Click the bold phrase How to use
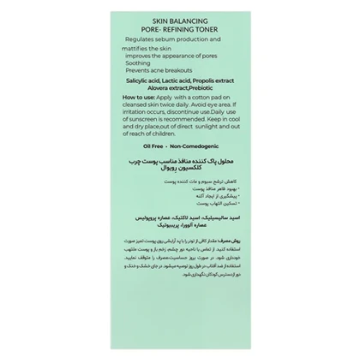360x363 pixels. click(138, 98)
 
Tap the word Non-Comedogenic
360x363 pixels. click(198, 146)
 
